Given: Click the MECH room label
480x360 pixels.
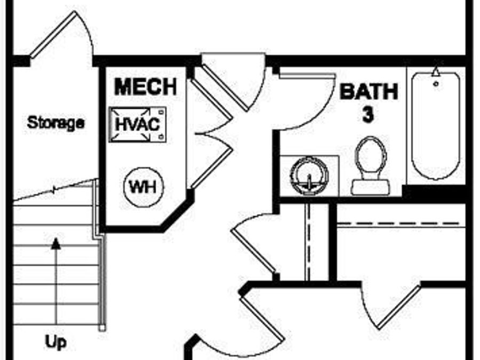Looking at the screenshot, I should pyautogui.click(x=145, y=87).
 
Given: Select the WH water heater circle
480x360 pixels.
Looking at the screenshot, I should pyautogui.click(x=144, y=187).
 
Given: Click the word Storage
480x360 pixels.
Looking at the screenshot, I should pyautogui.click(x=55, y=123).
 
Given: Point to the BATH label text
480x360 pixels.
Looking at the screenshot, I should pyautogui.click(x=369, y=92).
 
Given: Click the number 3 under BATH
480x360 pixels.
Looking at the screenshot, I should pyautogui.click(x=367, y=116).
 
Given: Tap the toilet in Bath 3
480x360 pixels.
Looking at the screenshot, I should pyautogui.click(x=371, y=160).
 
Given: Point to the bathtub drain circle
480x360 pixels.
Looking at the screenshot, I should pyautogui.click(x=436, y=84).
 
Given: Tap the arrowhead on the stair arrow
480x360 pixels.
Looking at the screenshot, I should pyautogui.click(x=55, y=244).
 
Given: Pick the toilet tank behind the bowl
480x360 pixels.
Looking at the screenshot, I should pyautogui.click(x=370, y=187).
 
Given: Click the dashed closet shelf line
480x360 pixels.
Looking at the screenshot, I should pyautogui.click(x=400, y=223).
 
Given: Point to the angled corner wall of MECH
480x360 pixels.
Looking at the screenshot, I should pyautogui.click(x=179, y=214).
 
